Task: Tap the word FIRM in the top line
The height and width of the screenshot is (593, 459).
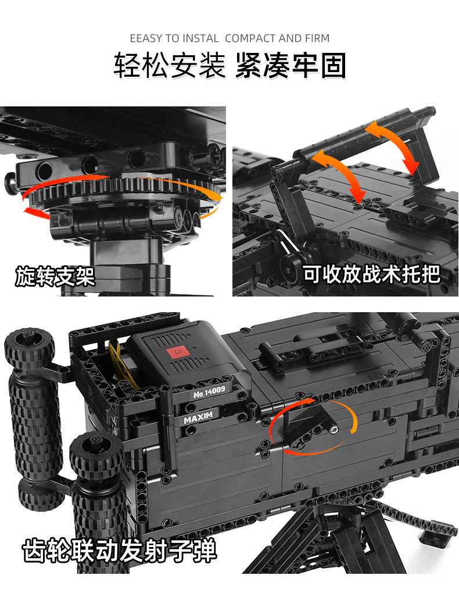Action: point(317,39)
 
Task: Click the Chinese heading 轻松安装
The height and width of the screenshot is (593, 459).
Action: point(168,66)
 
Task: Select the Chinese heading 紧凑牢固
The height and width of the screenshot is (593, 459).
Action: point(291,66)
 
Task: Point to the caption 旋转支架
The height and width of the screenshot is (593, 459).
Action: point(55,276)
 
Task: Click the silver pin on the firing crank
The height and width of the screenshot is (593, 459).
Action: point(335,430)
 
